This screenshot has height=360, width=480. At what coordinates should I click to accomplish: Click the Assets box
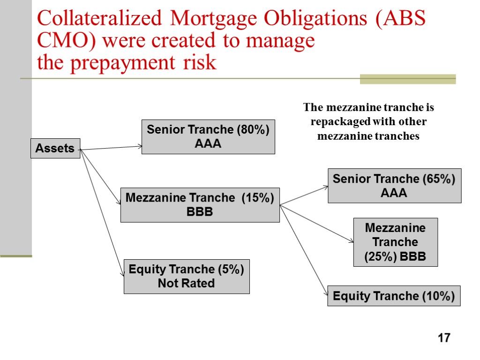point(55,148)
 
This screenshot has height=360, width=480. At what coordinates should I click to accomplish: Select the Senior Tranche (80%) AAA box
point(208,136)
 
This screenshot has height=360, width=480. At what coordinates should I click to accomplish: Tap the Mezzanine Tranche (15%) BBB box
point(200,205)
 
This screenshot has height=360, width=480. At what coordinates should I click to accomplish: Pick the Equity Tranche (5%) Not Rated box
point(186,276)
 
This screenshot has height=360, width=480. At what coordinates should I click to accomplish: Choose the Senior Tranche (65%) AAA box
point(394,186)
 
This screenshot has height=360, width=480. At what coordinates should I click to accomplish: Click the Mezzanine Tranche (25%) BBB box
point(395,242)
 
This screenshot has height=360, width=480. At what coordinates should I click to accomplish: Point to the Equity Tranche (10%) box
point(393,296)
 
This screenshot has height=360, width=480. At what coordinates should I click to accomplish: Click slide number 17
point(443,337)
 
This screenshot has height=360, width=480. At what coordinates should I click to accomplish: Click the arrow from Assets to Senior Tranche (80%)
point(111,148)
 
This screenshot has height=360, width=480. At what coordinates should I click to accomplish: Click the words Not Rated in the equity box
point(186,283)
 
